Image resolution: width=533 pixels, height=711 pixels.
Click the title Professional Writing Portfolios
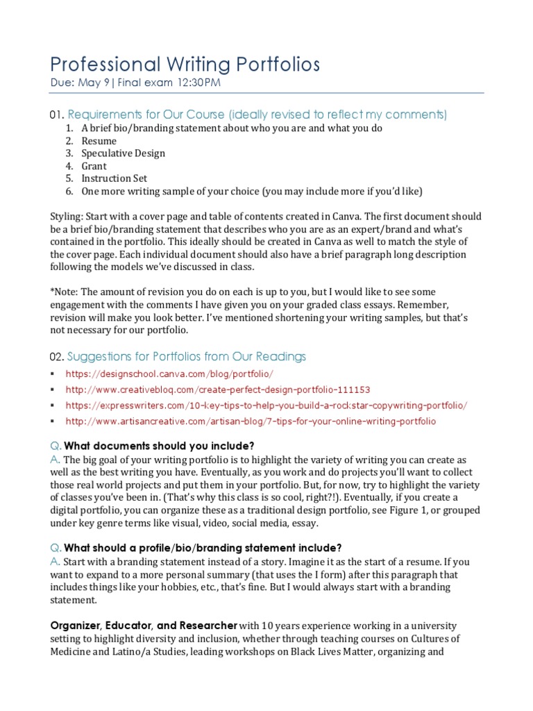[185, 65]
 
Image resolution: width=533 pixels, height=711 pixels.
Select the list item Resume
[99, 141]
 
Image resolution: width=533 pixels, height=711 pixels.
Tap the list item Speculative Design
[123, 153]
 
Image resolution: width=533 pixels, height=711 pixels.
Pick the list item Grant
[94, 166]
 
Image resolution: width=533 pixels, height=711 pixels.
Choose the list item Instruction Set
[114, 178]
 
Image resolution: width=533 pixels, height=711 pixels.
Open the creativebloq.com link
[217, 390]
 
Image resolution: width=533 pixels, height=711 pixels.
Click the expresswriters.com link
[266, 405]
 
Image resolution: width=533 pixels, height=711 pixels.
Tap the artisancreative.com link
[251, 421]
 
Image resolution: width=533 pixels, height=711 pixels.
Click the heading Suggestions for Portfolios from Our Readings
[186, 357]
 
